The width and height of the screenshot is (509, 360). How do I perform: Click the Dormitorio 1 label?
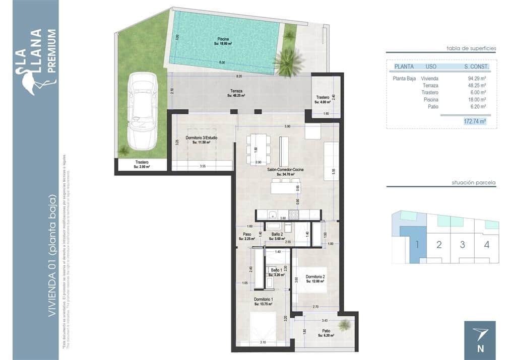pyautogui.click(x=263, y=302)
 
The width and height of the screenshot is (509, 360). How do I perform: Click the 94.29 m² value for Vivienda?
pyautogui.click(x=476, y=79)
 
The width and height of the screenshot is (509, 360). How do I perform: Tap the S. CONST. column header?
pyautogui.click(x=476, y=66)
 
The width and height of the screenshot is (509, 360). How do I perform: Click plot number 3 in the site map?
pyautogui.click(x=462, y=245)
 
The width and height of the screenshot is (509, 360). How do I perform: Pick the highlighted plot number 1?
pyautogui.click(x=418, y=245)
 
